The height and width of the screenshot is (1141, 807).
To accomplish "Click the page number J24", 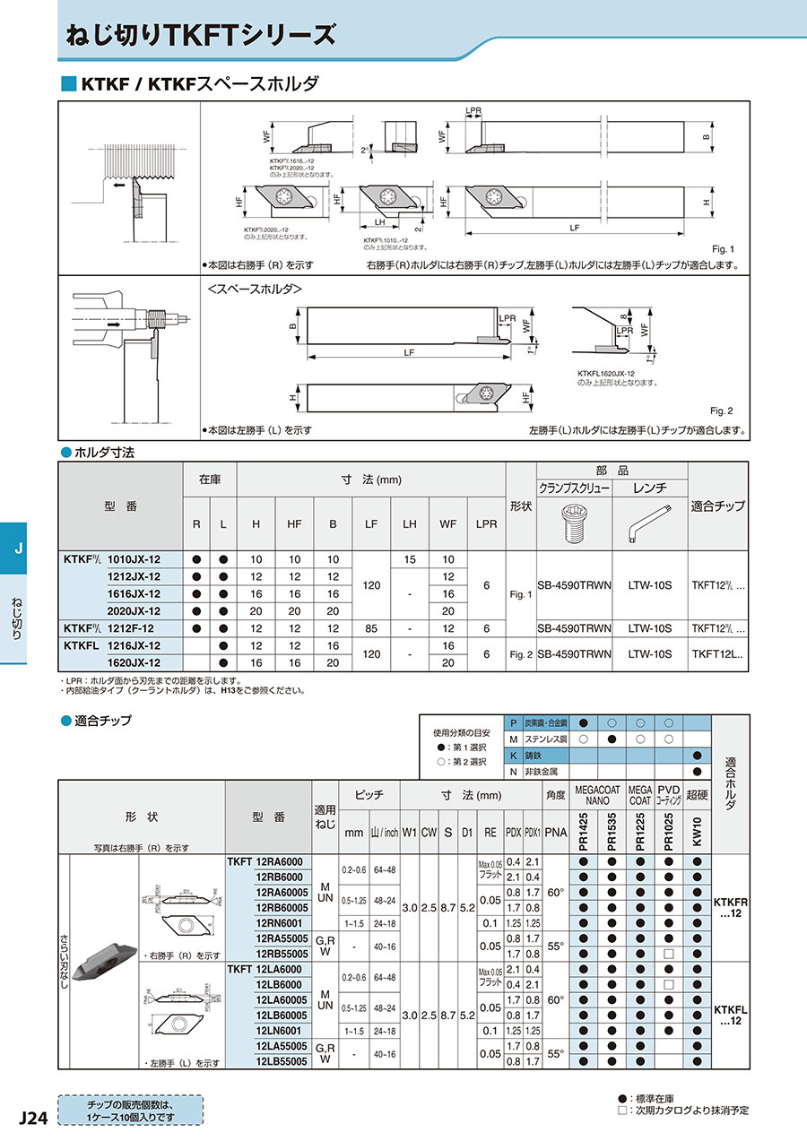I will point(32,1118).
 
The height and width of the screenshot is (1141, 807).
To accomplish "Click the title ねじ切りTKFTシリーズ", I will point(202,35).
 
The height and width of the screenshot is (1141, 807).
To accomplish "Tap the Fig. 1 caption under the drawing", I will point(721,249).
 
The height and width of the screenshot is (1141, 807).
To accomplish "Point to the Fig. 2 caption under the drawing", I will point(721,411).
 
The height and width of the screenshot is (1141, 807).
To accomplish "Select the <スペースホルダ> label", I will point(255,290).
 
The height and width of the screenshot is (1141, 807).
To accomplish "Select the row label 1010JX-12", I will point(134,559).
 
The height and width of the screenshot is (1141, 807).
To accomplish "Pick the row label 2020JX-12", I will point(134,610).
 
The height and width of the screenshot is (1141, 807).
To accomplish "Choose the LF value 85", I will point(370,627).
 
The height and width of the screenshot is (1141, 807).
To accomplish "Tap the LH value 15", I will point(410,559).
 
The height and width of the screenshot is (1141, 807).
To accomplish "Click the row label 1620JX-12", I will point(134,662).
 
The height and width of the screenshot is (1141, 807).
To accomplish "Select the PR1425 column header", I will point(583,832).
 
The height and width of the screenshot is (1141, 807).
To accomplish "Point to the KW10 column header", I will point(697,832).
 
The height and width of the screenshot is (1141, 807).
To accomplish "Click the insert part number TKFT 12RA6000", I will point(266,862).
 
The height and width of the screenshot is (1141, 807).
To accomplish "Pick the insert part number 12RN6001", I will point(280,923).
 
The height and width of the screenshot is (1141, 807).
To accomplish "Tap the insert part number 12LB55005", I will point(282,1061).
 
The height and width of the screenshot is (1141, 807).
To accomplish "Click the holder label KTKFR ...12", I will point(731,907).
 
